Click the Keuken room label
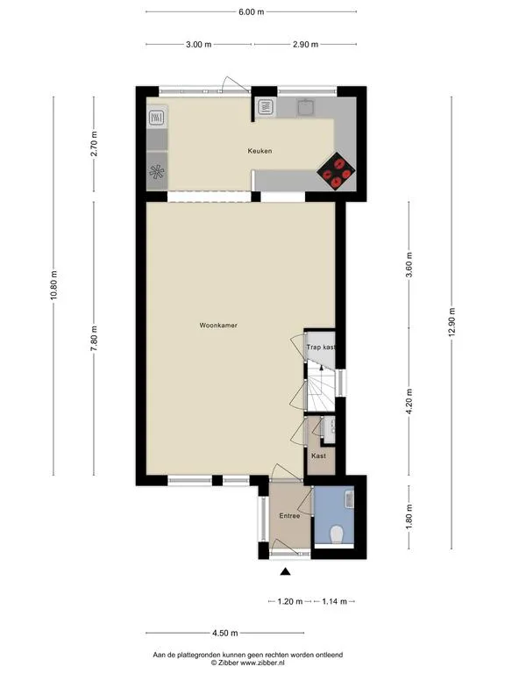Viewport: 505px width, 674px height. [x=260, y=151]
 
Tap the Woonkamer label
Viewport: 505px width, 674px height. [x=218, y=326]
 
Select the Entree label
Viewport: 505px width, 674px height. [x=289, y=515]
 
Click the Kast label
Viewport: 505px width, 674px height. [x=318, y=455]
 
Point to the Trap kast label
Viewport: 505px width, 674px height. [x=320, y=347]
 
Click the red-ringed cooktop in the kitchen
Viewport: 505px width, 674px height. [x=337, y=171]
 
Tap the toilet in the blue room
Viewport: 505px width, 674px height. [x=337, y=534]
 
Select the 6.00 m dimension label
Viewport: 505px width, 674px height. [x=252, y=11]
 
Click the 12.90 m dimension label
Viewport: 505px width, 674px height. [x=452, y=323]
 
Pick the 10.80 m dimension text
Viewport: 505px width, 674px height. [x=53, y=286]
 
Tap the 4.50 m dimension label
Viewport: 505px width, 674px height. [x=225, y=633]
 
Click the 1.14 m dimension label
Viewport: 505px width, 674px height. [x=335, y=601]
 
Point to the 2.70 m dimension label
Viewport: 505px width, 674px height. [x=94, y=144]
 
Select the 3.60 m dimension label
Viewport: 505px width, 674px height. [x=409, y=265]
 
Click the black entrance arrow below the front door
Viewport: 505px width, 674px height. [x=285, y=571]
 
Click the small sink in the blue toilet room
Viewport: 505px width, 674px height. [x=349, y=499]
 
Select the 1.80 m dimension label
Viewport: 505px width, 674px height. [x=409, y=517]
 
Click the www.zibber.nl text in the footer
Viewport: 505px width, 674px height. [x=254, y=663]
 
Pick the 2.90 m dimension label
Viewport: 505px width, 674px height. [x=306, y=44]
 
